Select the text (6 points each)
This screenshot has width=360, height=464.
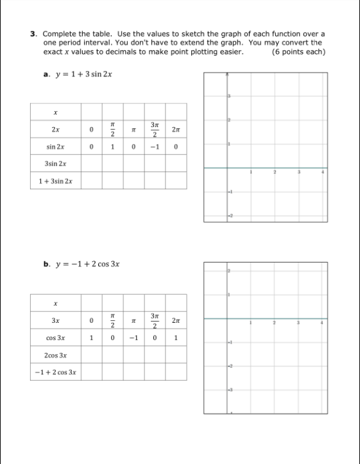pos(298,51)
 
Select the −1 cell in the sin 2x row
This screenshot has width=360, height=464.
pos(155,147)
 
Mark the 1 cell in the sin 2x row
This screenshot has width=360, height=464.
pos(113,147)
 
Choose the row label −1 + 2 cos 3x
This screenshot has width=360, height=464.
pos(56,372)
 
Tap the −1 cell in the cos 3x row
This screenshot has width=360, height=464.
pos(133,338)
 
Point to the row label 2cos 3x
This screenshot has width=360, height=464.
pos(56,355)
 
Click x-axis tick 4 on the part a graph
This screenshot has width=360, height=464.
pos(323,173)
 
